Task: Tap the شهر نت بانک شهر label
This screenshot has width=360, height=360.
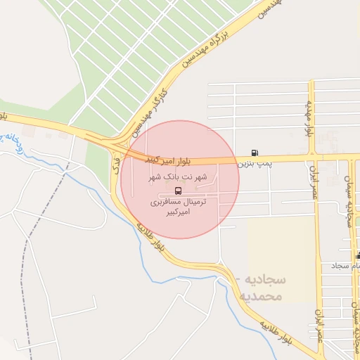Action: click(x=179, y=177)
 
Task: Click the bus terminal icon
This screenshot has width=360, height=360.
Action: click(x=179, y=190)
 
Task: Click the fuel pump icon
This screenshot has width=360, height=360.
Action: click(x=254, y=153)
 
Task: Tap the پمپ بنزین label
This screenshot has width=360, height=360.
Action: click(x=254, y=163)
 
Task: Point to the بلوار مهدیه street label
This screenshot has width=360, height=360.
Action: click(x=307, y=117)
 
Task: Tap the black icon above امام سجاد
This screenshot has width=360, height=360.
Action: click(x=359, y=255)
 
